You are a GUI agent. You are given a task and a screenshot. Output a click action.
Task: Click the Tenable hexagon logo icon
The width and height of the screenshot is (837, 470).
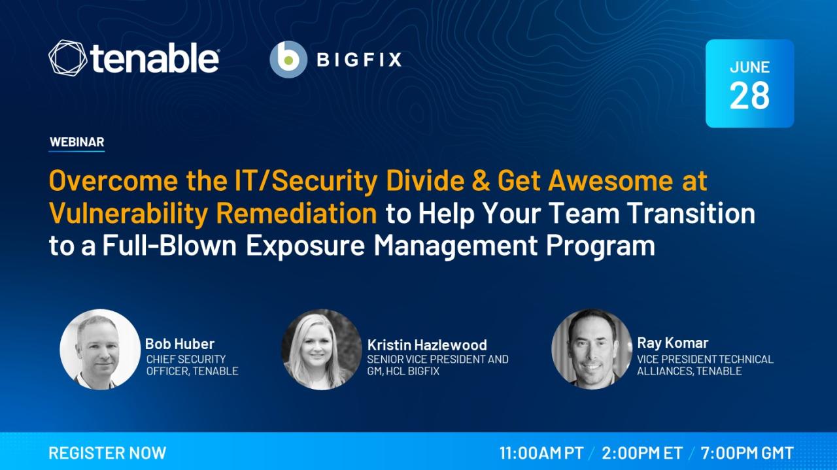(x=67, y=58)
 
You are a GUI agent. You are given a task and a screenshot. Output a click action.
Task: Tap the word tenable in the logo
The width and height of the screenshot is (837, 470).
(x=154, y=58)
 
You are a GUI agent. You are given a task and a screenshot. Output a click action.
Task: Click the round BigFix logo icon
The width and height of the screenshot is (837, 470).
(x=288, y=59)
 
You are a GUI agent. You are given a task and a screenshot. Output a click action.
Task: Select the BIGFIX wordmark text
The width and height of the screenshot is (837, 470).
(x=359, y=59)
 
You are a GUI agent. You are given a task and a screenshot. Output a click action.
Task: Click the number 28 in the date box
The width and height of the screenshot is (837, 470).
(x=749, y=95)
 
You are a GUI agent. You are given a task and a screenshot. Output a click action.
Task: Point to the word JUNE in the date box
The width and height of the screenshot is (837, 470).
(x=749, y=67)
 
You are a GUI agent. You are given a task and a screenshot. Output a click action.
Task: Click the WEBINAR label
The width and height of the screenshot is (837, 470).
(x=77, y=142)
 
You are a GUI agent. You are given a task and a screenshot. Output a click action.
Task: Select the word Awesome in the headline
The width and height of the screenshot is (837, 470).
(x=611, y=180)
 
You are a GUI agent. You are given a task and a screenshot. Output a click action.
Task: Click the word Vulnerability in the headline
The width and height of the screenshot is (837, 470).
(x=128, y=214)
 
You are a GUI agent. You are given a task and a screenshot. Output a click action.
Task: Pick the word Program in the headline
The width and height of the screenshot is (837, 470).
(x=600, y=246)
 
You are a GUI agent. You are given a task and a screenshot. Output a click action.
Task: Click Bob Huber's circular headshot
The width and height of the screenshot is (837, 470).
(x=100, y=349)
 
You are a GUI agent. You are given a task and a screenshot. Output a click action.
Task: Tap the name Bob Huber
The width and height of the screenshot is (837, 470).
(x=180, y=344)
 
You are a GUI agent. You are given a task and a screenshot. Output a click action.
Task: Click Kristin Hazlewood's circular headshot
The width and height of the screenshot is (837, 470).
(x=321, y=349)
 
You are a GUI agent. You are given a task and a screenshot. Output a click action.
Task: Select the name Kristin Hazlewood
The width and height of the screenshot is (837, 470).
(x=427, y=345)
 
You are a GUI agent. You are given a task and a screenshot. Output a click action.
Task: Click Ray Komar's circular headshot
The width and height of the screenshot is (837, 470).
(x=592, y=349)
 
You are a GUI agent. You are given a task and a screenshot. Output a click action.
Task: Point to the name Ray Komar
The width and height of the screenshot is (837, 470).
(x=673, y=343)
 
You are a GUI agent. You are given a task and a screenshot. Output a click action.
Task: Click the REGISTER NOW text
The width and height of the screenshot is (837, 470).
(x=107, y=453)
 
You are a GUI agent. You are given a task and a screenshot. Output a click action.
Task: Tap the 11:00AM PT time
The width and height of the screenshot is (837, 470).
(x=541, y=453)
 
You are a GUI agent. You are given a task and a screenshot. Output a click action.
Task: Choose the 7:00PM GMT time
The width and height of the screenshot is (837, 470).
(x=747, y=453)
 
